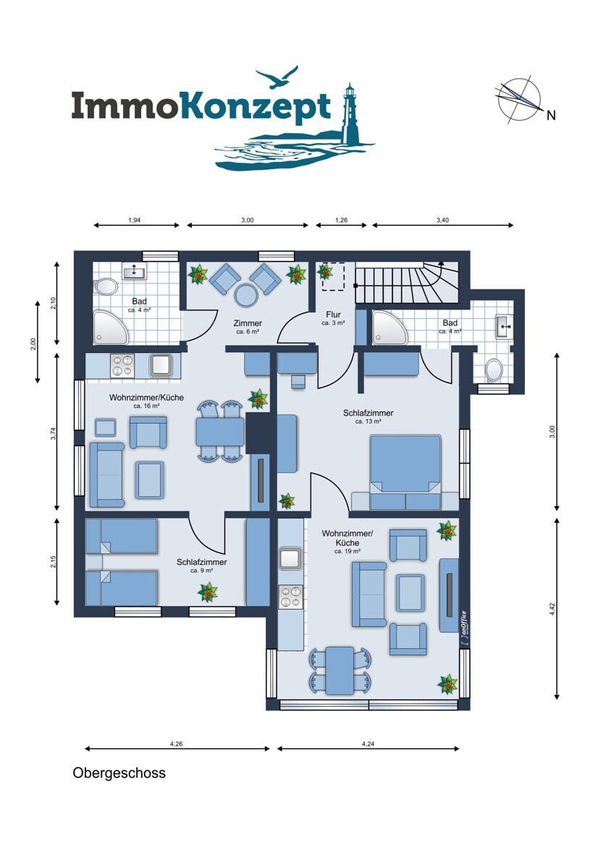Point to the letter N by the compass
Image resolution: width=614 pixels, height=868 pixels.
pyautogui.click(x=551, y=116)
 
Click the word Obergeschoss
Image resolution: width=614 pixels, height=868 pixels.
pyautogui.click(x=119, y=773)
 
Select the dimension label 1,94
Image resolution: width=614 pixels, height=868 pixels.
pyautogui.click(x=134, y=220)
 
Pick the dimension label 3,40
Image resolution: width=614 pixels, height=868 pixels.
pyautogui.click(x=442, y=220)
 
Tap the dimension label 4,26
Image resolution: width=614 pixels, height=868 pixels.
pyautogui.click(x=176, y=744)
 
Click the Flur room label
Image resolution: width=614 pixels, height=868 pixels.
pyautogui.click(x=333, y=315)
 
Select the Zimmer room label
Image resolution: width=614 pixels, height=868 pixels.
pyautogui.click(x=248, y=323)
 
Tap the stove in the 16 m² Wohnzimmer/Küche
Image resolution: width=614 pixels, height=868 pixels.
pyautogui.click(x=122, y=366)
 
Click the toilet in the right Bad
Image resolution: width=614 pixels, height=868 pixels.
pyautogui.click(x=493, y=369)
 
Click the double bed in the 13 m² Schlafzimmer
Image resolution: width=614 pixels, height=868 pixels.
pyautogui.click(x=405, y=472)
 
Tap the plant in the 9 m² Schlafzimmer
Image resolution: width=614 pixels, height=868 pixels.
pyautogui.click(x=208, y=592)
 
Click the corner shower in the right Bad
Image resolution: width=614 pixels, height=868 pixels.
pyautogui.click(x=390, y=327)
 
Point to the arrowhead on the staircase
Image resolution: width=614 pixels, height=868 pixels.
pyautogui.click(x=441, y=263)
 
